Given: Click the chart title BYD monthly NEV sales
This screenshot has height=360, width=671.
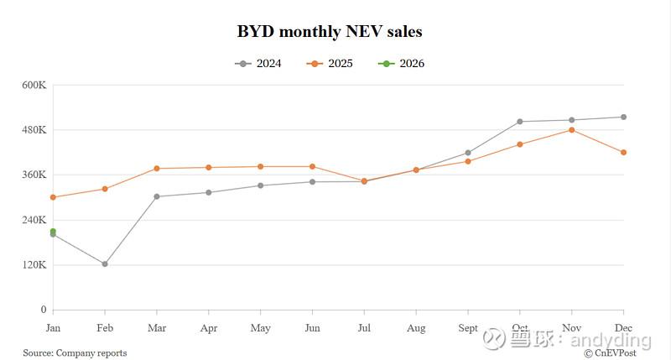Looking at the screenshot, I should click(x=330, y=33).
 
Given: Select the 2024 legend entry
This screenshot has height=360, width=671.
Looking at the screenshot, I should click(x=259, y=64).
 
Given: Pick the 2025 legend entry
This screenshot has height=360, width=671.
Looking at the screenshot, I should click(x=329, y=64).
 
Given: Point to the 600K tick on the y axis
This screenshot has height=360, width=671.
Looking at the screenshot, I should click(x=34, y=85).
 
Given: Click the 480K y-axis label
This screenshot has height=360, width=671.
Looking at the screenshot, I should click(x=34, y=130).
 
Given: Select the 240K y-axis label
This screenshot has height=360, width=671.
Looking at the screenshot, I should click(x=34, y=220).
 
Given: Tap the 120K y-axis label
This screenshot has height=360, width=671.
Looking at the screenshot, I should click(x=34, y=265).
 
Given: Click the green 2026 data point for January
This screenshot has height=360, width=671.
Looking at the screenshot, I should click(x=53, y=232).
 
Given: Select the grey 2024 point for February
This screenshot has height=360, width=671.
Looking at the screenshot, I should click(x=105, y=263).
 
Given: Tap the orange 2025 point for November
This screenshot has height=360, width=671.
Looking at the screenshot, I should click(x=571, y=130).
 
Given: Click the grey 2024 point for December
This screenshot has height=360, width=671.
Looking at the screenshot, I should click(x=623, y=117).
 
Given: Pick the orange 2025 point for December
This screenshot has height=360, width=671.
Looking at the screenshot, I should click(x=623, y=152).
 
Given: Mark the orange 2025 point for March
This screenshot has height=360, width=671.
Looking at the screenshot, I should click(x=157, y=169).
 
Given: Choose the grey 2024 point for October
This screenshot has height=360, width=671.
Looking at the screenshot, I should click(x=520, y=122).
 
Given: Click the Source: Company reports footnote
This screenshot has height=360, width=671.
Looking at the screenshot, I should click(x=75, y=353).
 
